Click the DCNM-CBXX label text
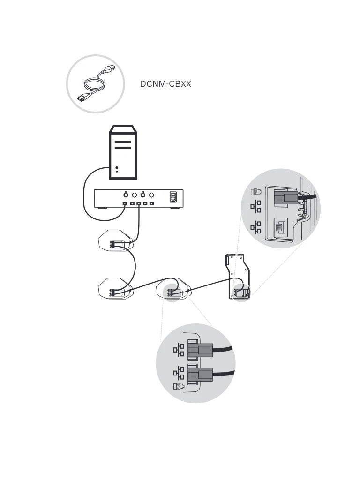pos(165,84)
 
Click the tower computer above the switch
pos(123,152)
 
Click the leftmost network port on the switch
pos(125,204)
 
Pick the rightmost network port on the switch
pos(152,204)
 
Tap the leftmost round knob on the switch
pos(126,194)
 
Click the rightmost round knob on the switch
pos(151,194)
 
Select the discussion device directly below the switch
pos(115,240)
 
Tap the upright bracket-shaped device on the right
pos(238,277)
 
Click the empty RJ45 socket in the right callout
pos(279,227)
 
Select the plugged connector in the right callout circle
pos(285,198)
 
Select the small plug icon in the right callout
pos(255,192)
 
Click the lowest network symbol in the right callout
pos(256,227)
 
